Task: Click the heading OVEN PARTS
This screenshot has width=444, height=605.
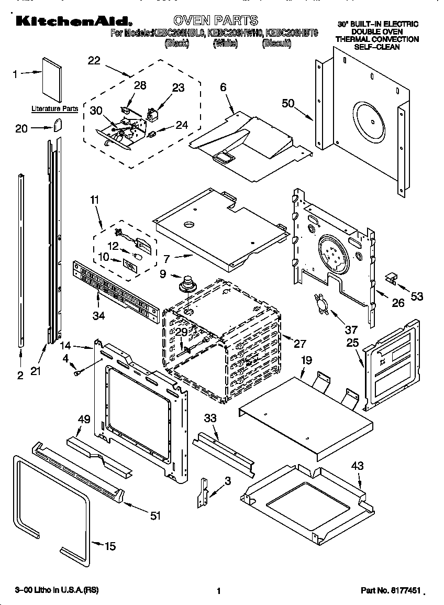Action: pos(215,20)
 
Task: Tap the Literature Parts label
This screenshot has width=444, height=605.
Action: pos(55,109)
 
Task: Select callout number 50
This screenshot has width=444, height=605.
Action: pos(288,103)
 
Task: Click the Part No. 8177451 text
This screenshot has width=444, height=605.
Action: pos(391,590)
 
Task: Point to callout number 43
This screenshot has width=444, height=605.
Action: pos(357,466)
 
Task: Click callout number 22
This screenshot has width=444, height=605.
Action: pos(94,60)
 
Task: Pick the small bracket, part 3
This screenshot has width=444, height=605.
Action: pos(202,492)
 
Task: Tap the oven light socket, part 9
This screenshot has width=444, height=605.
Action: pos(186,285)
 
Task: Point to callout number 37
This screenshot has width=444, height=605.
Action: pos(350,329)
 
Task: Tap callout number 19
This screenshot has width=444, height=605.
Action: pos(306,360)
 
